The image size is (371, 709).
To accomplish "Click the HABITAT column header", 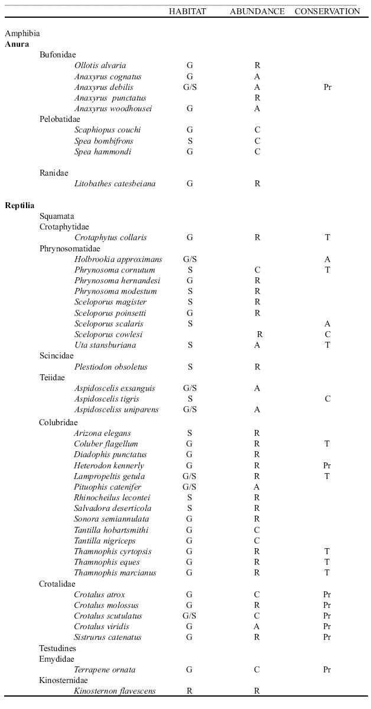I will (187, 11).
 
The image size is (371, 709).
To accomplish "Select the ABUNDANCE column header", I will (257, 11).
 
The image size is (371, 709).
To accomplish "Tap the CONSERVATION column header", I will (327, 11).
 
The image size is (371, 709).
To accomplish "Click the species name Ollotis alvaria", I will (100, 66).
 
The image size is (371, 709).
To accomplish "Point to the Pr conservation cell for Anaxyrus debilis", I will (327, 88).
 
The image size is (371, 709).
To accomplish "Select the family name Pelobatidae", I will (60, 119).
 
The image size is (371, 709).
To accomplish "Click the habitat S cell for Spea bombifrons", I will (190, 141).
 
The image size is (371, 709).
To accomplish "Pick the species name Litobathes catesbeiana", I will (115, 184).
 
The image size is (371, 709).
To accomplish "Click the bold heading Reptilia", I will (19, 206).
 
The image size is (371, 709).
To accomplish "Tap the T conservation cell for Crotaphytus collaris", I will (327, 238).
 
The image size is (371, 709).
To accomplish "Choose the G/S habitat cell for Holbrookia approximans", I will (190, 260).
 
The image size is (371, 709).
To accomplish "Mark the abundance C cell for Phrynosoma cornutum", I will (258, 270).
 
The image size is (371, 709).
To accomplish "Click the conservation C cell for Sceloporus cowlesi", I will (327, 335).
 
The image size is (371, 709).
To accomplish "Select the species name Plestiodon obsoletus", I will (110, 367).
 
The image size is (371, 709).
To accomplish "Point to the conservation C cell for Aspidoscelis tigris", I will (327, 399).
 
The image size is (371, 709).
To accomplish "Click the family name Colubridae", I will (58, 423).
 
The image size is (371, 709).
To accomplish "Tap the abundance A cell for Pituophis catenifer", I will (258, 487).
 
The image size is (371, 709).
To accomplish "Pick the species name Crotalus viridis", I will (102, 627).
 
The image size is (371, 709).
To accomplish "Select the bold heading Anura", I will (17, 44).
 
